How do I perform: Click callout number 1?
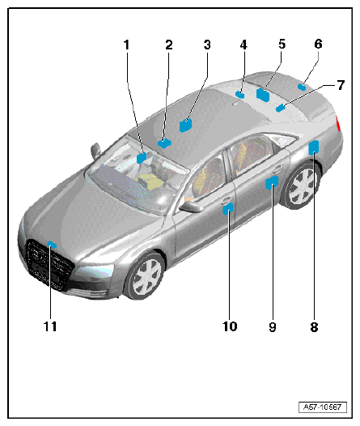126,45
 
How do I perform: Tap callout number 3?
207,45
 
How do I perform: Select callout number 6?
319,44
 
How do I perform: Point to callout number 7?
341,85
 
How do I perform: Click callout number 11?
50,326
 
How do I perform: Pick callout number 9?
273,327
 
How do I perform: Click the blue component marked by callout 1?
142,158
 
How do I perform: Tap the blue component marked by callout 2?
164,143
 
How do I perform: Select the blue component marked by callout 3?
185,126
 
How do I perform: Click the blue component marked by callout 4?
240,95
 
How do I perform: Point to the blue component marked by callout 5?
263,95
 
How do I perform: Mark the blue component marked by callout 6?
302,87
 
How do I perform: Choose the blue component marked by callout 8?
313,147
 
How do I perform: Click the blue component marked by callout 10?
228,209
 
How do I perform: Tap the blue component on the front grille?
52,245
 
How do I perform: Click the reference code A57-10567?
323,407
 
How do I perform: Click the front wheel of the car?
144,275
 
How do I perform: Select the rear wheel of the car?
302,186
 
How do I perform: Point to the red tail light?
338,123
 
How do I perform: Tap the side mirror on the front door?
191,207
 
